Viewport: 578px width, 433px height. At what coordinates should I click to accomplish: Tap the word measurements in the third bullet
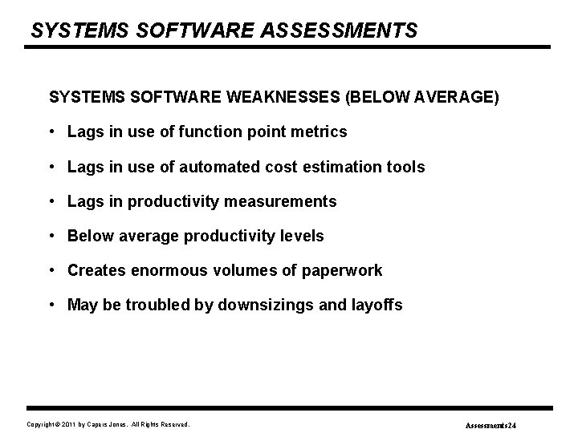click(x=286, y=201)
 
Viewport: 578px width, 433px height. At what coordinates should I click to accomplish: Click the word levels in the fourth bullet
click(x=300, y=236)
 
